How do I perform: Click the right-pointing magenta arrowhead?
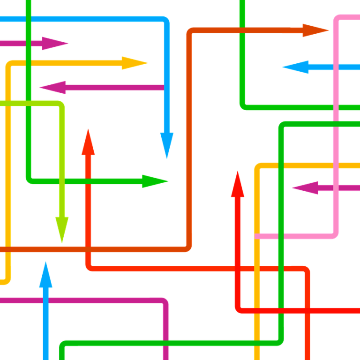[x=56, y=44]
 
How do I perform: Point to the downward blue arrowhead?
[x=166, y=143]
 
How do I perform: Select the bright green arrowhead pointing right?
[x=155, y=181]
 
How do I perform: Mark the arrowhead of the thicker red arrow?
[x=238, y=184]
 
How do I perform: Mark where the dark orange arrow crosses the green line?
[x=242, y=31]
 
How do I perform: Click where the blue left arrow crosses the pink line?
[x=336, y=67]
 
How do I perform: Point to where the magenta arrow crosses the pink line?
[x=336, y=188]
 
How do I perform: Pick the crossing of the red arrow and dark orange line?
[x=88, y=249]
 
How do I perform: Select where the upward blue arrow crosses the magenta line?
[x=45, y=300]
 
